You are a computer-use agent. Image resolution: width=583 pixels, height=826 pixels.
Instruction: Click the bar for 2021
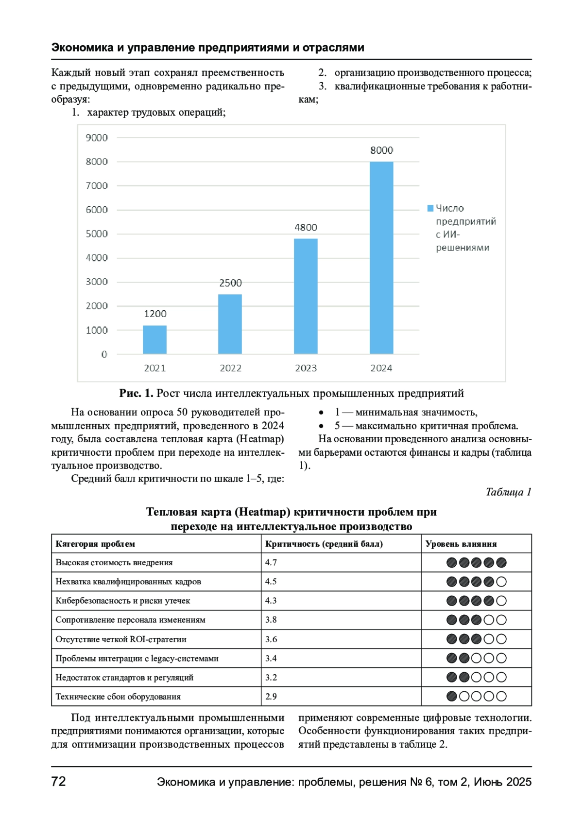[154, 340]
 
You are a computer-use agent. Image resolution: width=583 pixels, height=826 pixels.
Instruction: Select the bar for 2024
[381, 258]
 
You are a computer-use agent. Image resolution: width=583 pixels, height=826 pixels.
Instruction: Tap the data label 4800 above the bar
[306, 227]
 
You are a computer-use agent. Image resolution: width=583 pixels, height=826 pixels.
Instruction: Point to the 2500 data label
[230, 283]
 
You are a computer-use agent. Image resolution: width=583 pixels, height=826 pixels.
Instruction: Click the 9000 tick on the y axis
[97, 138]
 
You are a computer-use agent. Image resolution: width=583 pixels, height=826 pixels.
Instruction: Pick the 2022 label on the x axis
[230, 368]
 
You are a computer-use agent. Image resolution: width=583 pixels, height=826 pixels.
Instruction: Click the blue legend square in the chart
[430, 208]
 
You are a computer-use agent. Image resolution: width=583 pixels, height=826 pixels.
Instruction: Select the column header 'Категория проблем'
[95, 544]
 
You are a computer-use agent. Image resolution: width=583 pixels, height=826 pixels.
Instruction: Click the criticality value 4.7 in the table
[271, 562]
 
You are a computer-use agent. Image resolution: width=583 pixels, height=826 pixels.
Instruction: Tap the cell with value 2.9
[271, 697]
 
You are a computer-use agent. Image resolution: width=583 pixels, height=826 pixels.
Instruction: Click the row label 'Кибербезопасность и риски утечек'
[123, 601]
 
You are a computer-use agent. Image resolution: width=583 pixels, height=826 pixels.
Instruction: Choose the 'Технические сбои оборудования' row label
[118, 697]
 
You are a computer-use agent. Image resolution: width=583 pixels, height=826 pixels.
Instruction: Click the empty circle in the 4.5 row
[502, 582]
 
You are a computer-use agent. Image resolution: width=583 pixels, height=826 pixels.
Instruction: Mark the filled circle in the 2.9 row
[451, 697]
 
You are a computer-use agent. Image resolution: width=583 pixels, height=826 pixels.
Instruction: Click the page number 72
[58, 782]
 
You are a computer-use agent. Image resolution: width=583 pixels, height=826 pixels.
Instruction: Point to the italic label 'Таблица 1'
[508, 492]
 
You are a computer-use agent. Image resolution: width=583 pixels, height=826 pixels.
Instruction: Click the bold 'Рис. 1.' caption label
[136, 394]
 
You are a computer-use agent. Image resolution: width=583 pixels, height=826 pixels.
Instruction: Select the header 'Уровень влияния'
[461, 544]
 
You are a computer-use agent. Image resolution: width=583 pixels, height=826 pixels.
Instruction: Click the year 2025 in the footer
[519, 782]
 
